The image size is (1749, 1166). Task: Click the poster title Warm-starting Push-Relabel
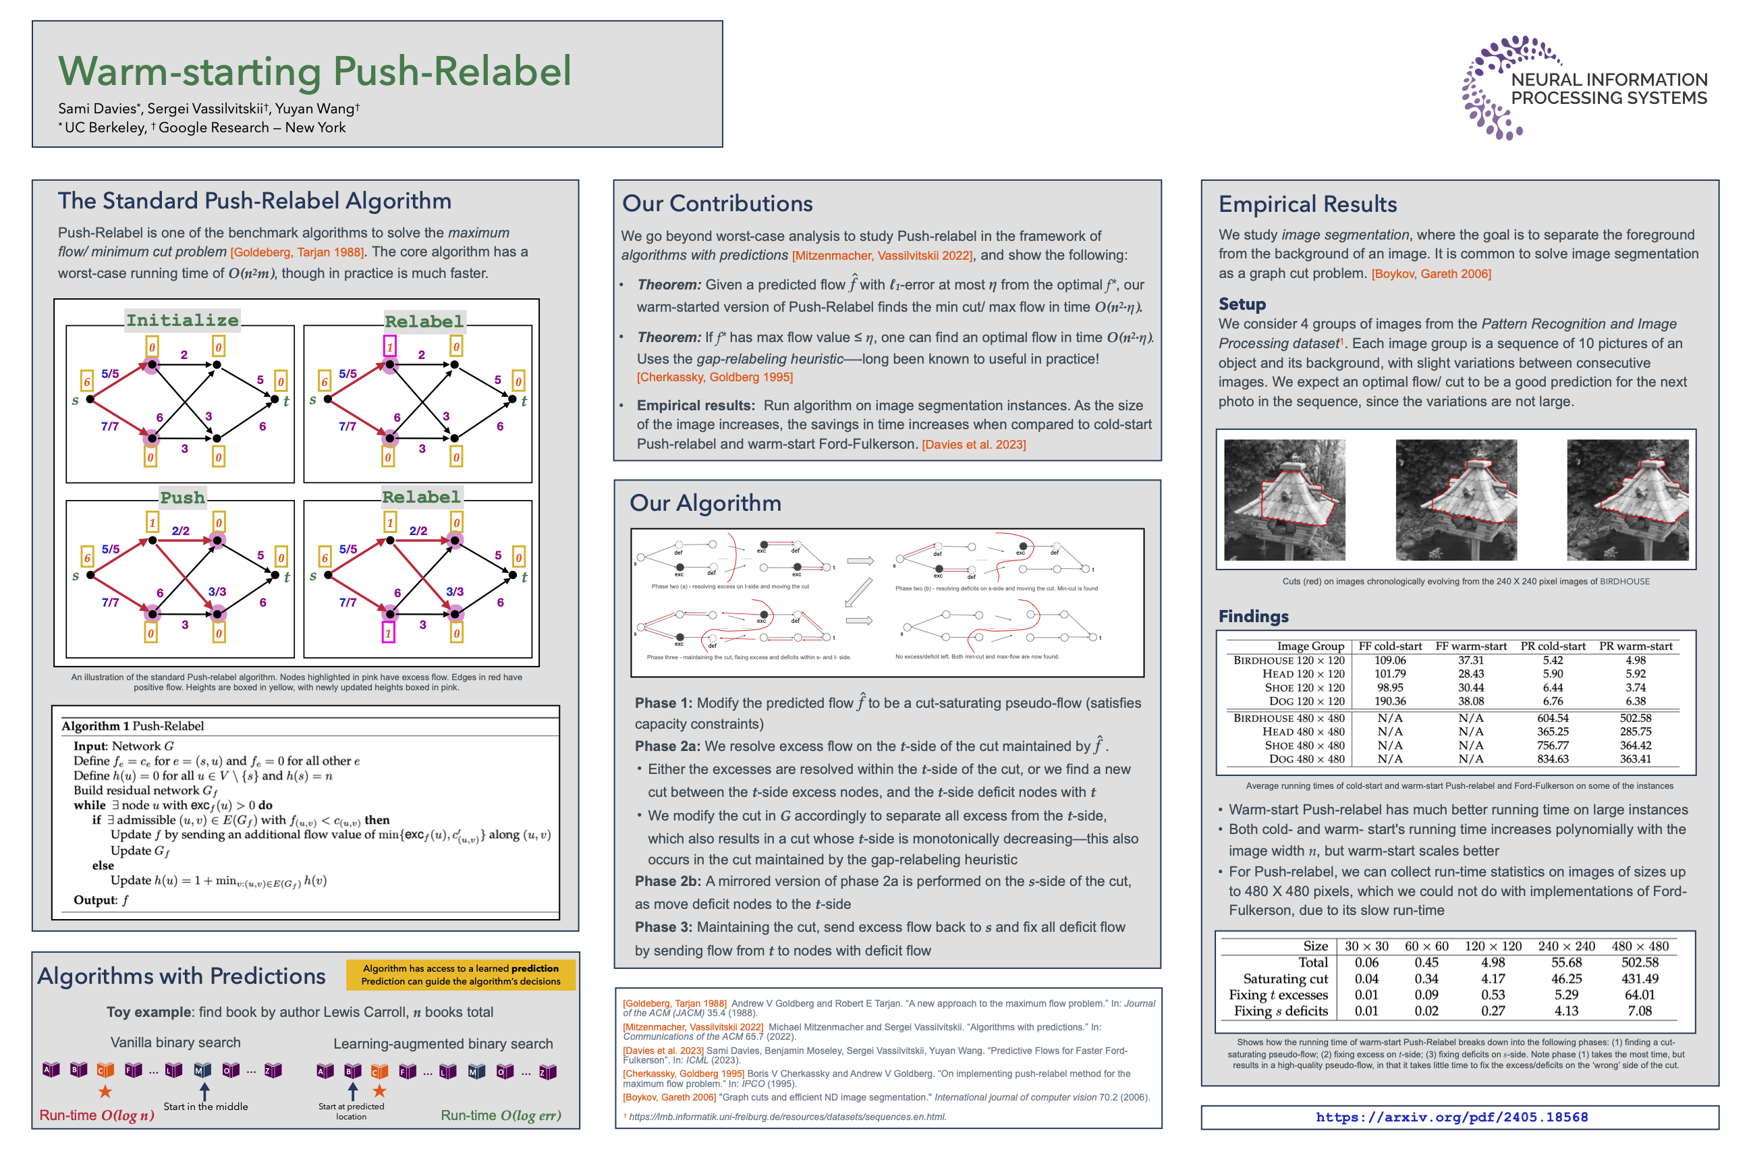tap(314, 72)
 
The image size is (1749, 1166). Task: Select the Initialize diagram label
tap(182, 321)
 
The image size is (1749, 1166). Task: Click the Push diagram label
tap(182, 497)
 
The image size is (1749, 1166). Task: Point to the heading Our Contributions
tap(717, 204)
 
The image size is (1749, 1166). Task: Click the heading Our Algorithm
tap(705, 503)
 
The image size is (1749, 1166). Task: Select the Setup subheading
tap(1242, 304)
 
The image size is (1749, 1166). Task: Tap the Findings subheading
tap(1253, 617)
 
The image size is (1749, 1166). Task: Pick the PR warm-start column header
tap(1635, 646)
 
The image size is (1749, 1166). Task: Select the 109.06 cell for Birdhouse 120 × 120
tap(1390, 661)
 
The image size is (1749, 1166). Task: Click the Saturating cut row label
tap(1285, 978)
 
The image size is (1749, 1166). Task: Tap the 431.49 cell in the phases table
tap(1640, 978)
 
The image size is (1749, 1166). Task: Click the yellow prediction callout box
tap(460, 975)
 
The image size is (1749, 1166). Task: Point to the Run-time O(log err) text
tap(501, 1115)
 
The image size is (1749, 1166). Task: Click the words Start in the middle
tap(206, 1107)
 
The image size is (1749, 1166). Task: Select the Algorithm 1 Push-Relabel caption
tap(132, 726)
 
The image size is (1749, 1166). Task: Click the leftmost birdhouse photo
tap(1284, 500)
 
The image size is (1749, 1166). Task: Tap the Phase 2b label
tap(667, 881)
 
